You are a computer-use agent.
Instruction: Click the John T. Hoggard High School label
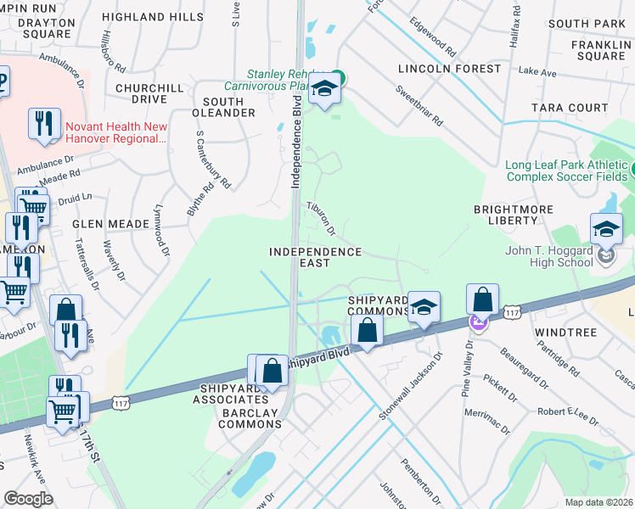(548, 255)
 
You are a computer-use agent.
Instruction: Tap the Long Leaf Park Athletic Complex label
(567, 171)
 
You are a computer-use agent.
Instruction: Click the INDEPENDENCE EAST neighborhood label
(315, 258)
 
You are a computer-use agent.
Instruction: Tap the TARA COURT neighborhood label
(570, 108)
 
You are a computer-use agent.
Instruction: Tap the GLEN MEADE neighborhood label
(112, 224)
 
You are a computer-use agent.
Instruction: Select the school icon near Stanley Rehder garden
(323, 88)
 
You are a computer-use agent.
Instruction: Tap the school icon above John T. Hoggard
(607, 228)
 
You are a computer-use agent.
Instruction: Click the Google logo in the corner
(28, 499)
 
